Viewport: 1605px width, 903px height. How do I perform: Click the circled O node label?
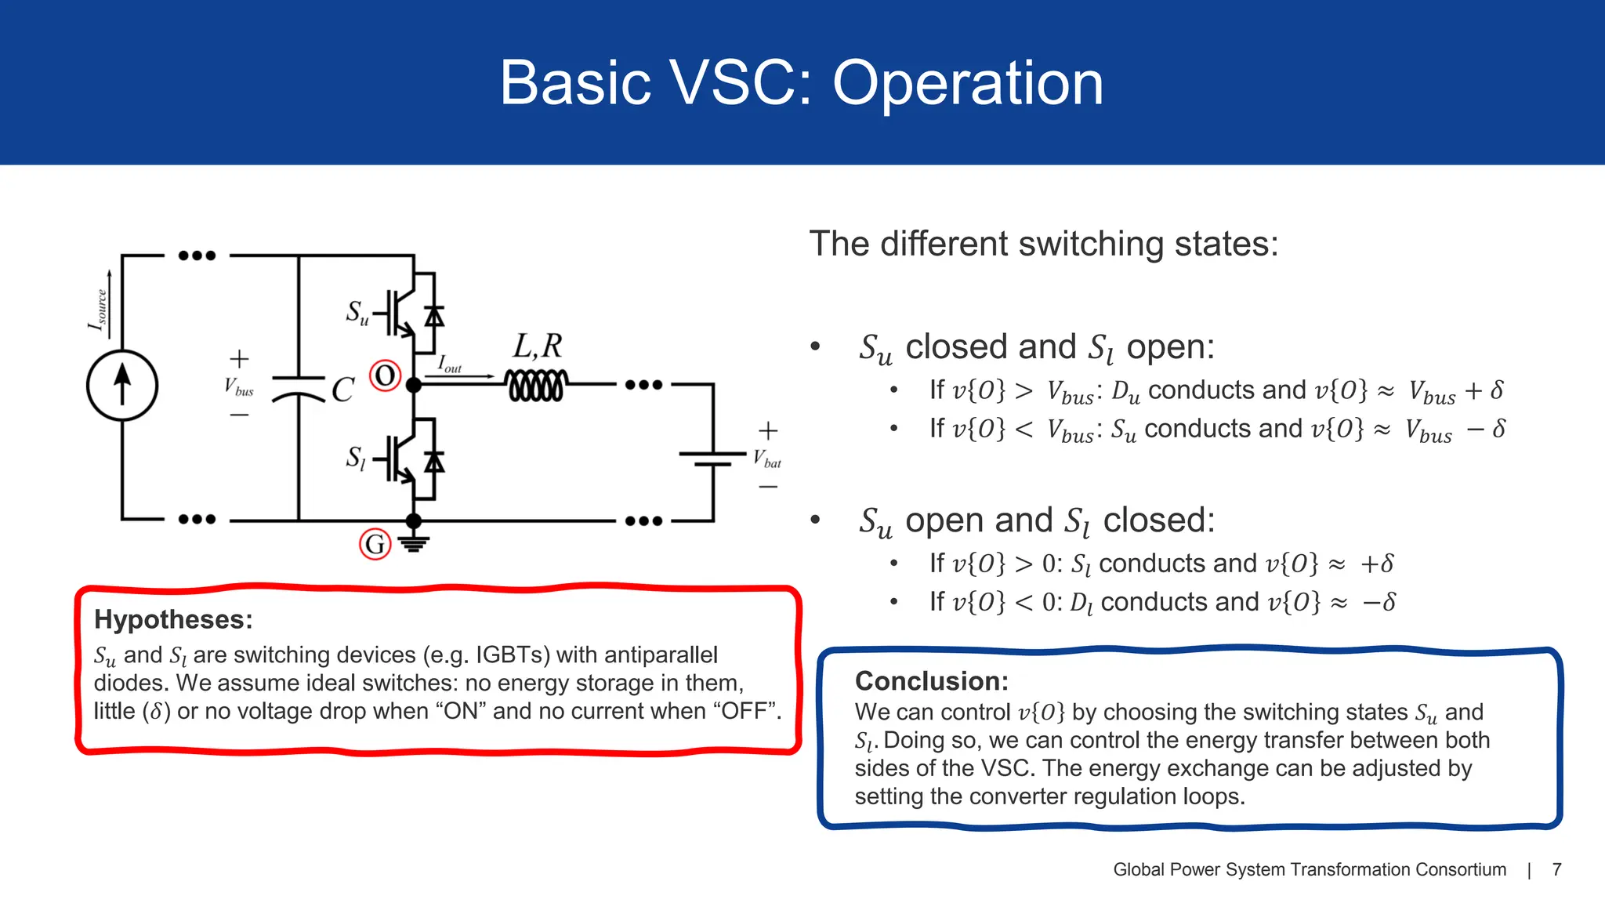[x=385, y=376]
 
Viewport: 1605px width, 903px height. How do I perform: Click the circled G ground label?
[x=375, y=544]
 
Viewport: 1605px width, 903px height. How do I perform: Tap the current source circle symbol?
[x=122, y=386]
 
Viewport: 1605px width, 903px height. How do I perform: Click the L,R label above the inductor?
[x=538, y=346]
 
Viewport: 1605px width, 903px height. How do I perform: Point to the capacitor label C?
[x=342, y=390]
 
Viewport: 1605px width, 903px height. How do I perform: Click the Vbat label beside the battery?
[x=767, y=459]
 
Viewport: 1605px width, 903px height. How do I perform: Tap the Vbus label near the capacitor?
[x=238, y=386]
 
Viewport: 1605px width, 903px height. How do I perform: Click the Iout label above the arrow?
[x=449, y=364]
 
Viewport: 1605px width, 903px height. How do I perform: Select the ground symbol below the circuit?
[x=414, y=542]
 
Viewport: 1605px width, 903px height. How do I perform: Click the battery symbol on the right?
[x=712, y=459]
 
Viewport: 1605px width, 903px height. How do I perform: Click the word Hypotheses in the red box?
[x=173, y=619]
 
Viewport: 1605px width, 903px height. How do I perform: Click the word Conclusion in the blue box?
[x=931, y=680]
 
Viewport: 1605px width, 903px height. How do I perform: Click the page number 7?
[x=1556, y=869]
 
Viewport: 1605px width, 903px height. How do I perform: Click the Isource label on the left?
[x=98, y=310]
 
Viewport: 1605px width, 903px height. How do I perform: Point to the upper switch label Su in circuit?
[x=357, y=313]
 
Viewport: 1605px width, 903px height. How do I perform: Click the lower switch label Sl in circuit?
[x=356, y=458]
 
